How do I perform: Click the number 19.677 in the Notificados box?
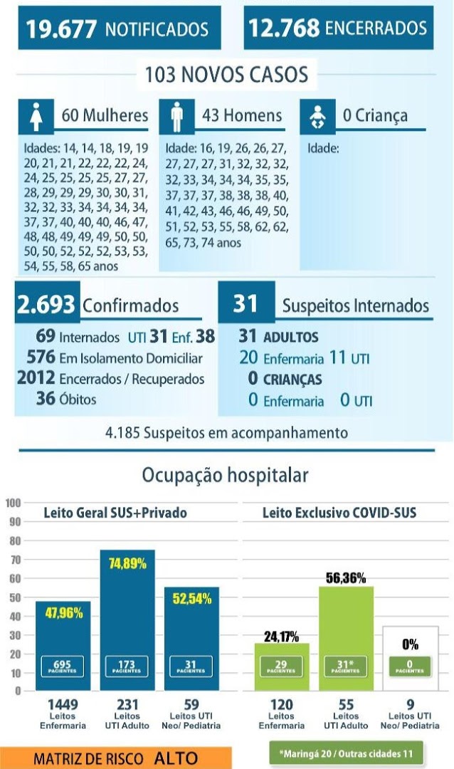(x=60, y=29)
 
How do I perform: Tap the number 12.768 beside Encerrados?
(x=284, y=28)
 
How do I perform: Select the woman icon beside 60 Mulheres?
(x=36, y=117)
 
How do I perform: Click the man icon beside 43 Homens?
(x=177, y=117)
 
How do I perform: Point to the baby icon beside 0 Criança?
(x=317, y=117)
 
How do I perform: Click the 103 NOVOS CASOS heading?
(x=226, y=75)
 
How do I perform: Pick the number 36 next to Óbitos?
(x=46, y=398)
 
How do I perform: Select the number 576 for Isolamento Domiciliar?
(x=41, y=357)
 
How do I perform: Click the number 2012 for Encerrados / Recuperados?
(x=36, y=377)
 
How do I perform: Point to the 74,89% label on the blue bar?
(x=127, y=563)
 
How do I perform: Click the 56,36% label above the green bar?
(x=346, y=578)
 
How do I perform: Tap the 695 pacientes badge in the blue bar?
(x=63, y=666)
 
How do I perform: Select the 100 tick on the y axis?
(x=14, y=503)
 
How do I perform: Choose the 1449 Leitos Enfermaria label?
(x=63, y=714)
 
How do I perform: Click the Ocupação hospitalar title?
(x=225, y=475)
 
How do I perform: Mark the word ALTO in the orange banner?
(x=176, y=758)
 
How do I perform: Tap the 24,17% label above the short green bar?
(x=281, y=637)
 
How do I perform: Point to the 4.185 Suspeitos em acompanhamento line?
(x=226, y=433)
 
